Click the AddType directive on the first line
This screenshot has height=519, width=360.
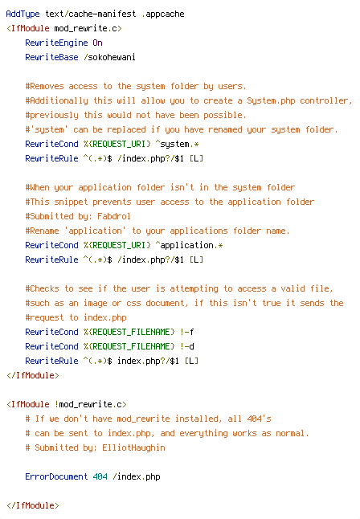tap(22, 14)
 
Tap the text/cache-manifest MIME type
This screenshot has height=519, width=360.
tap(91, 14)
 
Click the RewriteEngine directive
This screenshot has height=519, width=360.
tap(56, 43)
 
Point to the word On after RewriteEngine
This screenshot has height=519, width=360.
tap(98, 43)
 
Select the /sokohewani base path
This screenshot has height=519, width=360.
tap(109, 57)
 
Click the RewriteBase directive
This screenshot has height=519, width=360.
tap(51, 57)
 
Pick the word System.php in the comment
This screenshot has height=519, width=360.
tap(271, 100)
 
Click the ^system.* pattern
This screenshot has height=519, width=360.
tap(177, 145)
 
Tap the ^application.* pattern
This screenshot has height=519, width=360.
tap(189, 245)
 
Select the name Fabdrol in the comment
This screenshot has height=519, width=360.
tap(114, 216)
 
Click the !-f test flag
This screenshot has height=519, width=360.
tap(187, 332)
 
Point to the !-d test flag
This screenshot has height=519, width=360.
tap(187, 346)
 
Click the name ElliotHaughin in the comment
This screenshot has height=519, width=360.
tap(134, 447)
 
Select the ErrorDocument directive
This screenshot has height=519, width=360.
tap(56, 476)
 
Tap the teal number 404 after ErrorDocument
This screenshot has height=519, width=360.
tap(100, 476)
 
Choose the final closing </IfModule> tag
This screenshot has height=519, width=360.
tap(33, 506)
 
